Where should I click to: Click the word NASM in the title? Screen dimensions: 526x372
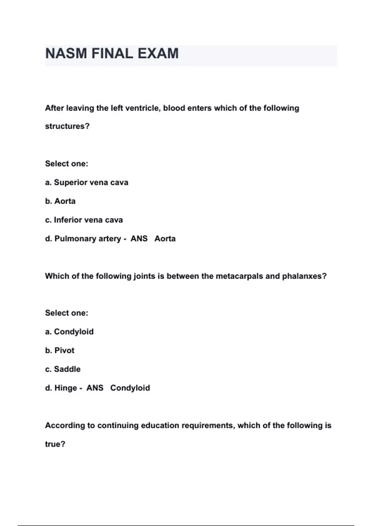pyautogui.click(x=66, y=54)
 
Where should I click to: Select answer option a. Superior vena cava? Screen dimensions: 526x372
pyautogui.click(x=86, y=183)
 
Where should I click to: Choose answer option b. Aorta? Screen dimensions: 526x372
pyautogui.click(x=60, y=201)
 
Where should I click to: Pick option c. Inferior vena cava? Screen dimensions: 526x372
pyautogui.click(x=84, y=220)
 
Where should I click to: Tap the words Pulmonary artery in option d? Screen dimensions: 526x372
pyautogui.click(x=88, y=239)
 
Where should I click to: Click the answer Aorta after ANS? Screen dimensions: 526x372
pyautogui.click(x=165, y=239)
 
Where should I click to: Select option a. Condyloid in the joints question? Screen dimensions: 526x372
pyautogui.click(x=69, y=332)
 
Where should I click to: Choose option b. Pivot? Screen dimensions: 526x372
pyautogui.click(x=60, y=350)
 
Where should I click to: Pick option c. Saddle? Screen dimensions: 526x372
pyautogui.click(x=63, y=369)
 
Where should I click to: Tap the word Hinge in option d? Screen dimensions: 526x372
pyautogui.click(x=66, y=388)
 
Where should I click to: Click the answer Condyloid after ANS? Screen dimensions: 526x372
pyautogui.click(x=130, y=388)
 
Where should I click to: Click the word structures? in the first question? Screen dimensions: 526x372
pyautogui.click(x=67, y=126)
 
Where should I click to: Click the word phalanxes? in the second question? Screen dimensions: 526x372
pyautogui.click(x=304, y=276)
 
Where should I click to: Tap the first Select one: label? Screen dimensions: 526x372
pyautogui.click(x=67, y=164)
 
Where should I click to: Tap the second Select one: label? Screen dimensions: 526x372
pyautogui.click(x=67, y=313)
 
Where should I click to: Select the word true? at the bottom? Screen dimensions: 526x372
pyautogui.click(x=55, y=444)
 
